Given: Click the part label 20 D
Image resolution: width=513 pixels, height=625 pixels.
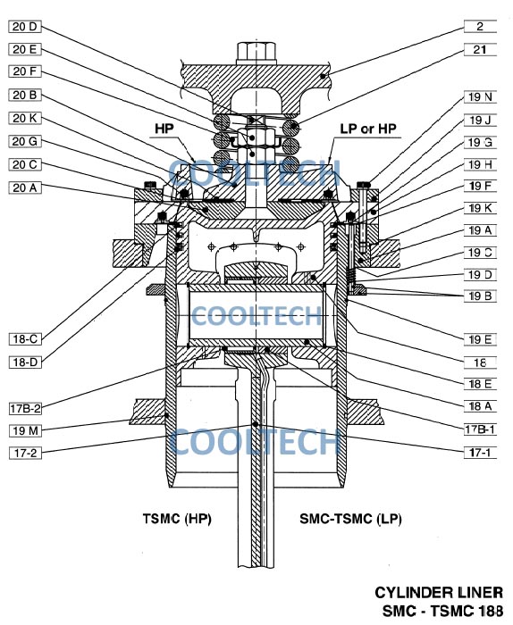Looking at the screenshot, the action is point(25,27).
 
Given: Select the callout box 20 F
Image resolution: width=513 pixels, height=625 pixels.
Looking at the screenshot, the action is point(25,71).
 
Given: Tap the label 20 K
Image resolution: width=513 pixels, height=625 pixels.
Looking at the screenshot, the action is point(25,119).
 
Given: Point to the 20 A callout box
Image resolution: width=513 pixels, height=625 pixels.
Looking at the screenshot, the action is point(25,187).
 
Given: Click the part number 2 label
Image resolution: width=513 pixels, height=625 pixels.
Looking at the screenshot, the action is point(480,27).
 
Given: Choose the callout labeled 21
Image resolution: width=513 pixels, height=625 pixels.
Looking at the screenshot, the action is point(480,49).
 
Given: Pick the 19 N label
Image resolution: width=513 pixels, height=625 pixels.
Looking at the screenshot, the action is point(480,96).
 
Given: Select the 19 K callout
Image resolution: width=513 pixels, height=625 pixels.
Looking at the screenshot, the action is point(480,208).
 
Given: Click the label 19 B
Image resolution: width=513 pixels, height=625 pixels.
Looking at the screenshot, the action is point(480,296).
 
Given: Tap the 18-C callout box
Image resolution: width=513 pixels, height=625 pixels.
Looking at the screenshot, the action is point(25,339).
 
